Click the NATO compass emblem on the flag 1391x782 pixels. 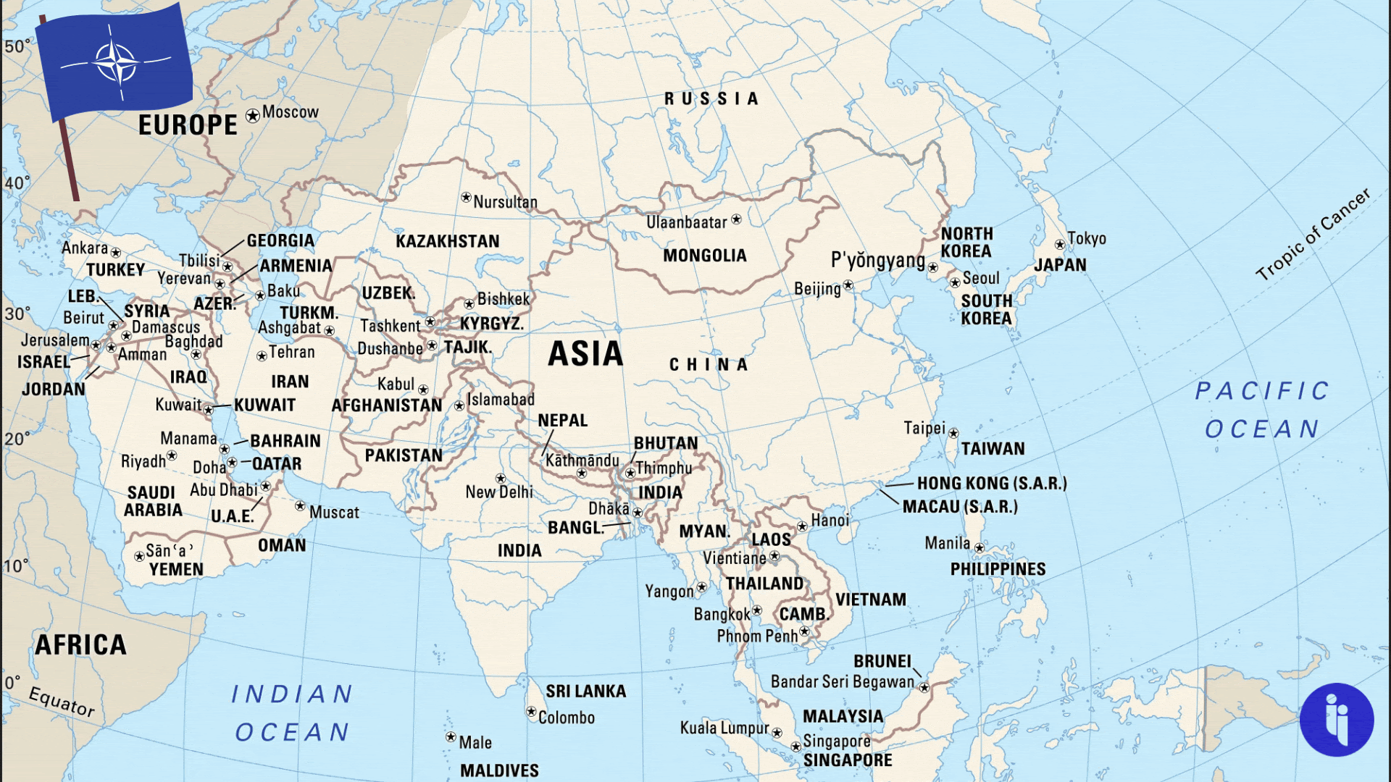click(x=115, y=62)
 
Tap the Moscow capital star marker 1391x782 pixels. click(x=252, y=116)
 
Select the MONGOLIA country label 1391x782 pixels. click(x=704, y=256)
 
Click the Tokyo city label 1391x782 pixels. click(x=1086, y=238)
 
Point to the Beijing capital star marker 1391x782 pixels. click(x=848, y=286)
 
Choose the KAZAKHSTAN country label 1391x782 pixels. click(x=447, y=241)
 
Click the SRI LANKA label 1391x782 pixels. click(x=585, y=691)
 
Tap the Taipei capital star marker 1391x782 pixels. click(x=953, y=433)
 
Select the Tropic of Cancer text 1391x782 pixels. click(x=1312, y=235)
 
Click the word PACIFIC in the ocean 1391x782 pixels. click(x=1261, y=391)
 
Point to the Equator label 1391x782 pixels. click(x=62, y=702)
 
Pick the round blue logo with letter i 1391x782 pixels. click(x=1336, y=720)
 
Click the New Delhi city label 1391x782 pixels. click(x=498, y=492)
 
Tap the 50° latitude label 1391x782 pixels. click(x=17, y=46)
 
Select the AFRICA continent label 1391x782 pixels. click(x=80, y=644)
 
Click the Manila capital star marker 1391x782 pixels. click(x=979, y=548)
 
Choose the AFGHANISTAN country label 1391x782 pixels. click(x=386, y=405)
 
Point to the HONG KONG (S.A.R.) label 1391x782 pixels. click(x=991, y=483)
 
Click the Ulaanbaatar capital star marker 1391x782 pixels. click(x=736, y=219)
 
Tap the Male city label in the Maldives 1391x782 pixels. click(x=475, y=742)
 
